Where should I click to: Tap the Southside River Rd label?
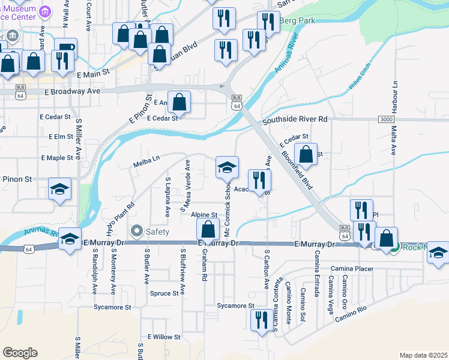295,119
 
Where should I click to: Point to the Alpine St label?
204,214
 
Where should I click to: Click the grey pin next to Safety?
136,230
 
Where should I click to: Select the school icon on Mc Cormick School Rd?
228,167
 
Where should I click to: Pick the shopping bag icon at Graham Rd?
208,230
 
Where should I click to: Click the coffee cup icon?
66,47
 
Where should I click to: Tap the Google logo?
20,352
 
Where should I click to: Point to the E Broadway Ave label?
72,92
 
